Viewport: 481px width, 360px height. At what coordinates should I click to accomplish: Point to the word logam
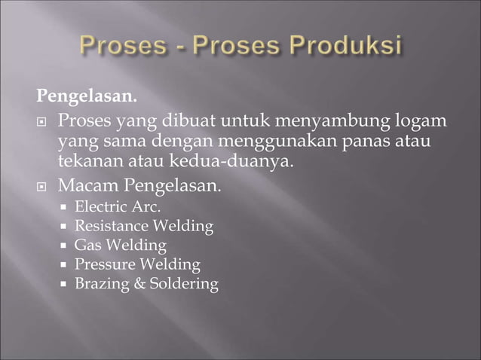(420, 121)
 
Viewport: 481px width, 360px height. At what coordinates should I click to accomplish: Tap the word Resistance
(111, 225)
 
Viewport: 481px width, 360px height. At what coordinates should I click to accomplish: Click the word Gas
(87, 245)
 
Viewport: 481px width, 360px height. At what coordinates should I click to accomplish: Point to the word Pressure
(103, 264)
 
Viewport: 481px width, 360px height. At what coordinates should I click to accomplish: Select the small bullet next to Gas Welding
(64, 246)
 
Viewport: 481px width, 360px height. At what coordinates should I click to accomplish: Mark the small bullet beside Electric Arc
(64, 206)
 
